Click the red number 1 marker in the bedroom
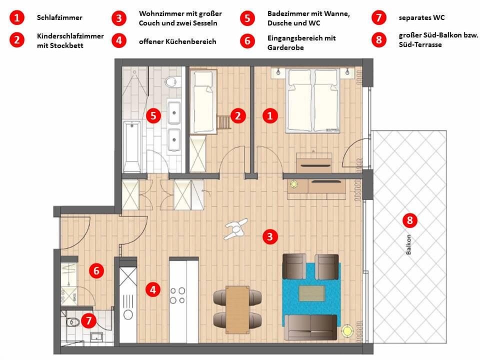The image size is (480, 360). coord(270,116)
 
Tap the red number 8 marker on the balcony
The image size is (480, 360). coord(409,219)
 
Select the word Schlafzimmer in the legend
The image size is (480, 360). coord(59,18)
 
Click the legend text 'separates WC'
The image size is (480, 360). coord(421,18)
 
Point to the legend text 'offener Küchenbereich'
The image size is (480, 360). coord(177,41)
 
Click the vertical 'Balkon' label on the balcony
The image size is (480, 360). coord(408,245)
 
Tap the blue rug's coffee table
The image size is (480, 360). coord(311,293)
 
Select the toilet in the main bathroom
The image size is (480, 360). coord(172,80)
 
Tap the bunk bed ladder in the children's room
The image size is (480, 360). coord(223,121)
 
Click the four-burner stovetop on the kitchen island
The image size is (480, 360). coord(177,295)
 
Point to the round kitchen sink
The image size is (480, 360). coord(128,314)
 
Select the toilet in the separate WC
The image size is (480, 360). coord(73,322)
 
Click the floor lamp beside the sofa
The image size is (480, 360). coord(345,331)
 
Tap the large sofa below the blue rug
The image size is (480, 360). coord(310,327)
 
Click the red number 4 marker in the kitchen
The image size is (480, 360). coord(152,289)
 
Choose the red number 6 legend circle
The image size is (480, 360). coord(247,41)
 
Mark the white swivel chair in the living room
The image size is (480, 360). coord(235,229)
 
